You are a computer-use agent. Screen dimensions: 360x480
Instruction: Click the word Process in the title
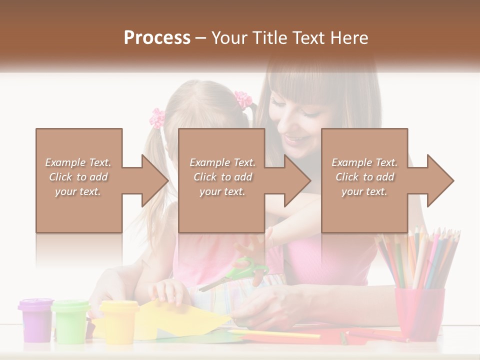157,38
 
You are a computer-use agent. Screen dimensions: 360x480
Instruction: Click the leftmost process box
79,180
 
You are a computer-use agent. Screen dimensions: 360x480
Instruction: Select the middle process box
221,180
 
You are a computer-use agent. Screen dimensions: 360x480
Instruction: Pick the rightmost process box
364,180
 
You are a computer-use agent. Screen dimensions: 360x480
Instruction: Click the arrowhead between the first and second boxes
154,180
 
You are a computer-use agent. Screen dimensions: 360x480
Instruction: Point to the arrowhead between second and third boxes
297,180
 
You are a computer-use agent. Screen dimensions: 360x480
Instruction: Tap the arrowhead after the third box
440,180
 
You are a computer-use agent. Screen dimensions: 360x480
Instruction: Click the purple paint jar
35,320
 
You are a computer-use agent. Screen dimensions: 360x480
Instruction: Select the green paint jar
71,321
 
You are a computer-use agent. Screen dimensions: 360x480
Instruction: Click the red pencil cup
419,312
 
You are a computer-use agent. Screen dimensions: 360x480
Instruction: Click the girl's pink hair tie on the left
158,118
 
